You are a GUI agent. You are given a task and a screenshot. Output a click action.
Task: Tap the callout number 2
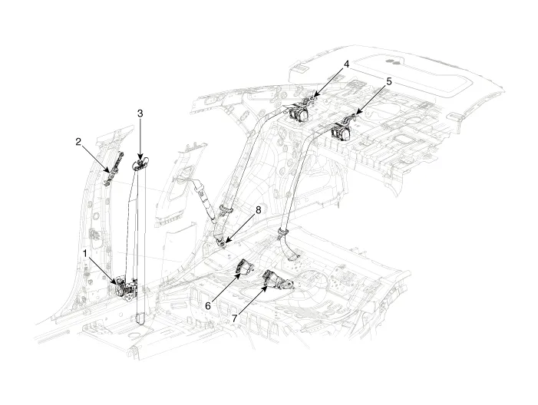(x=79, y=141)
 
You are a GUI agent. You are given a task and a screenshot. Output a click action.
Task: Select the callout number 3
(x=140, y=114)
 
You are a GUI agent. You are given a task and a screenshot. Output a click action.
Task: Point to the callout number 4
(x=347, y=65)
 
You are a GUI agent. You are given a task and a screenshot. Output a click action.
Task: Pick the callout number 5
(x=389, y=81)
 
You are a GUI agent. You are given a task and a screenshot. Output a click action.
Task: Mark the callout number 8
(x=259, y=209)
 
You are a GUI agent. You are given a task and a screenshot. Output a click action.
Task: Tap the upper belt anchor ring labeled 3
(x=141, y=163)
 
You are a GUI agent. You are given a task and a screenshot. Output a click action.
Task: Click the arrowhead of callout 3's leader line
(x=140, y=158)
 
